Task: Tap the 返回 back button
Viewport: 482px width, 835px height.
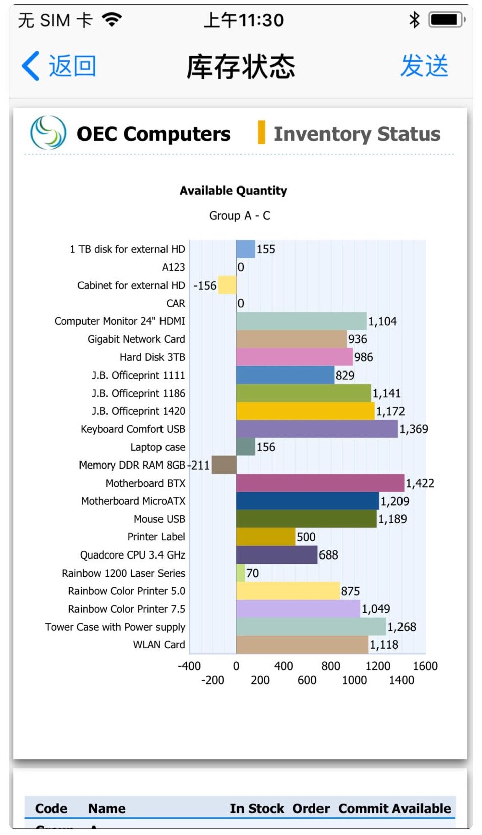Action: [59, 66]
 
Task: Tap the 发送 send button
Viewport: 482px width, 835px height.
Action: [424, 66]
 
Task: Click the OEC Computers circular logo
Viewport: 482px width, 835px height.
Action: [48, 133]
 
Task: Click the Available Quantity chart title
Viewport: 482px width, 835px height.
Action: [233, 191]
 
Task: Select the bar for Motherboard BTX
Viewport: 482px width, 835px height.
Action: [320, 483]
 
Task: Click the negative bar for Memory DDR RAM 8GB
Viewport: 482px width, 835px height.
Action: [224, 465]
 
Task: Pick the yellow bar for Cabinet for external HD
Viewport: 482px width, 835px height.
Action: [227, 285]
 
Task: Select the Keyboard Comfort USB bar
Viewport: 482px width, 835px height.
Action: [317, 429]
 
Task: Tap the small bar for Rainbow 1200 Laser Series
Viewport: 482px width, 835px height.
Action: [240, 573]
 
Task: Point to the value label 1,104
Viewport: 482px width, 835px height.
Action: [382, 321]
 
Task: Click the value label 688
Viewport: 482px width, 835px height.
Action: [328, 555]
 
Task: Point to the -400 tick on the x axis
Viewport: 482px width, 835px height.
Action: [189, 666]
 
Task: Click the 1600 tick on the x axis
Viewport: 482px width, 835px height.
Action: [425, 666]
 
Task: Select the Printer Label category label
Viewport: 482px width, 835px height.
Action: [156, 537]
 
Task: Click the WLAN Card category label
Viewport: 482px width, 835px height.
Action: [159, 644]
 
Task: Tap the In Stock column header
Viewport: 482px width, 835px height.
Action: [257, 808]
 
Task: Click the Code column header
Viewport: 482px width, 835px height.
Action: [51, 808]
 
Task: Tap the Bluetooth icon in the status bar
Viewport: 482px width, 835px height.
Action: [414, 20]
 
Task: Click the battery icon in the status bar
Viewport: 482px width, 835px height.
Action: [446, 20]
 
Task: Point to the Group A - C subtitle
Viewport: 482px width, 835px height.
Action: [239, 216]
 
